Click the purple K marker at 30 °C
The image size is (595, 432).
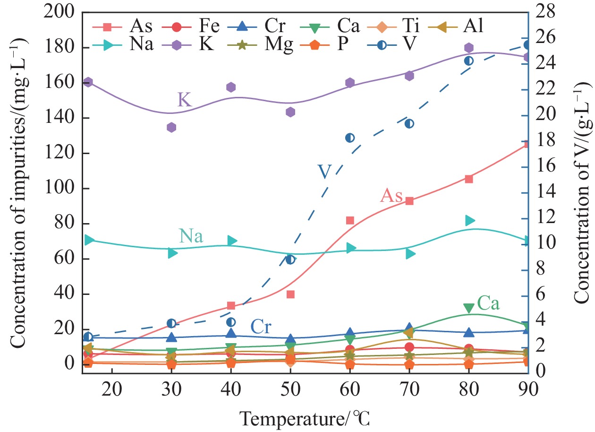pyautogui.click(x=171, y=127)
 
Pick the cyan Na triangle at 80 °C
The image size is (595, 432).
pyautogui.click(x=469, y=220)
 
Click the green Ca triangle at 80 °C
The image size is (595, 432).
pyautogui.click(x=468, y=308)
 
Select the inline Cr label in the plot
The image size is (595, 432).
pyautogui.click(x=261, y=327)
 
